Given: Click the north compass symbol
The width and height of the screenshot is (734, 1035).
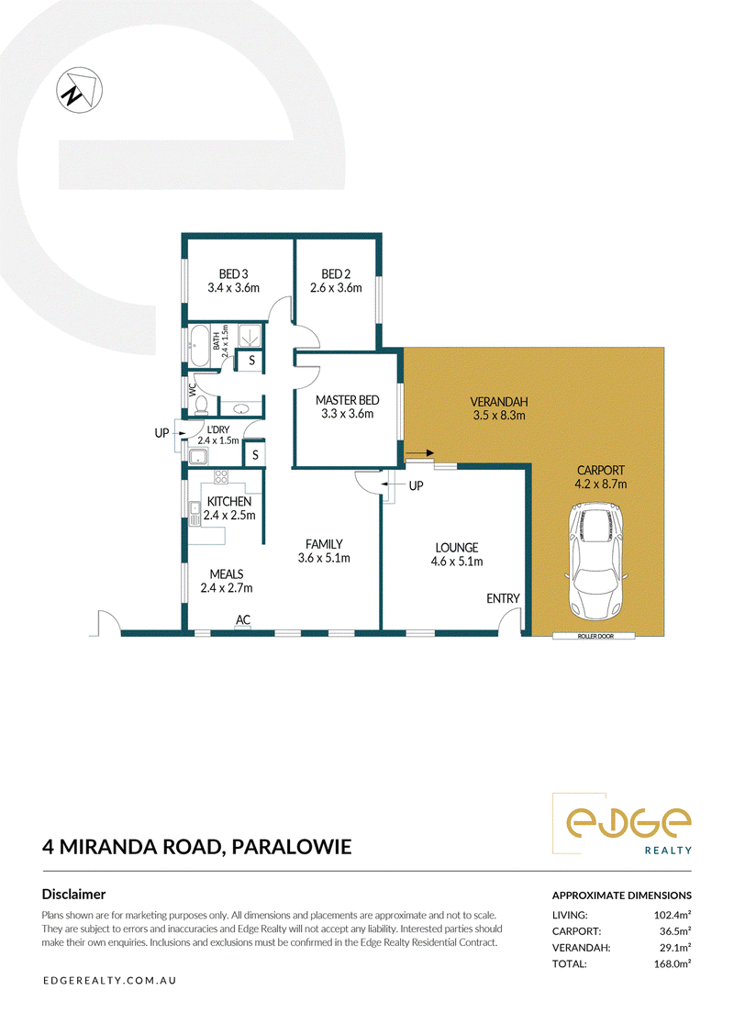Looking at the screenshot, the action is (x=79, y=90).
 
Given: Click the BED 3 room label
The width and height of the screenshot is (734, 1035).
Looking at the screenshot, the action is (x=234, y=274).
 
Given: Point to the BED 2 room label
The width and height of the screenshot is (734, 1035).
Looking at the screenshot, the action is (x=336, y=274).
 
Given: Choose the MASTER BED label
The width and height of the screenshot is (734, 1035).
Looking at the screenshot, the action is (x=347, y=400).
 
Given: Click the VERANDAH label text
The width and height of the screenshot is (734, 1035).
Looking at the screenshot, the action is (x=499, y=401).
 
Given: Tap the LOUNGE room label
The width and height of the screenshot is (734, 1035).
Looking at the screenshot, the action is (x=457, y=548).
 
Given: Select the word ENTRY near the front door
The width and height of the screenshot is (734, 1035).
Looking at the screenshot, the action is (x=503, y=598).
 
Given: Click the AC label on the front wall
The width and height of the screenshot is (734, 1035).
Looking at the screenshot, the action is (x=243, y=620).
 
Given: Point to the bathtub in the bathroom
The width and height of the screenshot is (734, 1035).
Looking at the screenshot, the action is (x=198, y=345).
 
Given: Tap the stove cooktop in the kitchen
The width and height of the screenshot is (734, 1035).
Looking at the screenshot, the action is (x=220, y=476).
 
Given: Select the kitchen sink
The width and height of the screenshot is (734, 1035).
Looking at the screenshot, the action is (x=195, y=514).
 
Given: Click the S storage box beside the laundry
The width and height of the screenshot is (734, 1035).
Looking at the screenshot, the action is (x=255, y=455).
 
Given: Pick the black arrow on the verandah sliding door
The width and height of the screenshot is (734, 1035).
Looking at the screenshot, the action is (x=419, y=453).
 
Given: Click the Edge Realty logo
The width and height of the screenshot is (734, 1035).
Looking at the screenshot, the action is (x=622, y=824).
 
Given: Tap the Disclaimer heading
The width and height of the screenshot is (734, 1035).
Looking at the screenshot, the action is (x=74, y=895).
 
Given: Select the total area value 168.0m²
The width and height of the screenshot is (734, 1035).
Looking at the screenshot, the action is (x=672, y=963).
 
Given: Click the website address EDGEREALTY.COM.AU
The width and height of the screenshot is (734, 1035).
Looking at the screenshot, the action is (x=109, y=981).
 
